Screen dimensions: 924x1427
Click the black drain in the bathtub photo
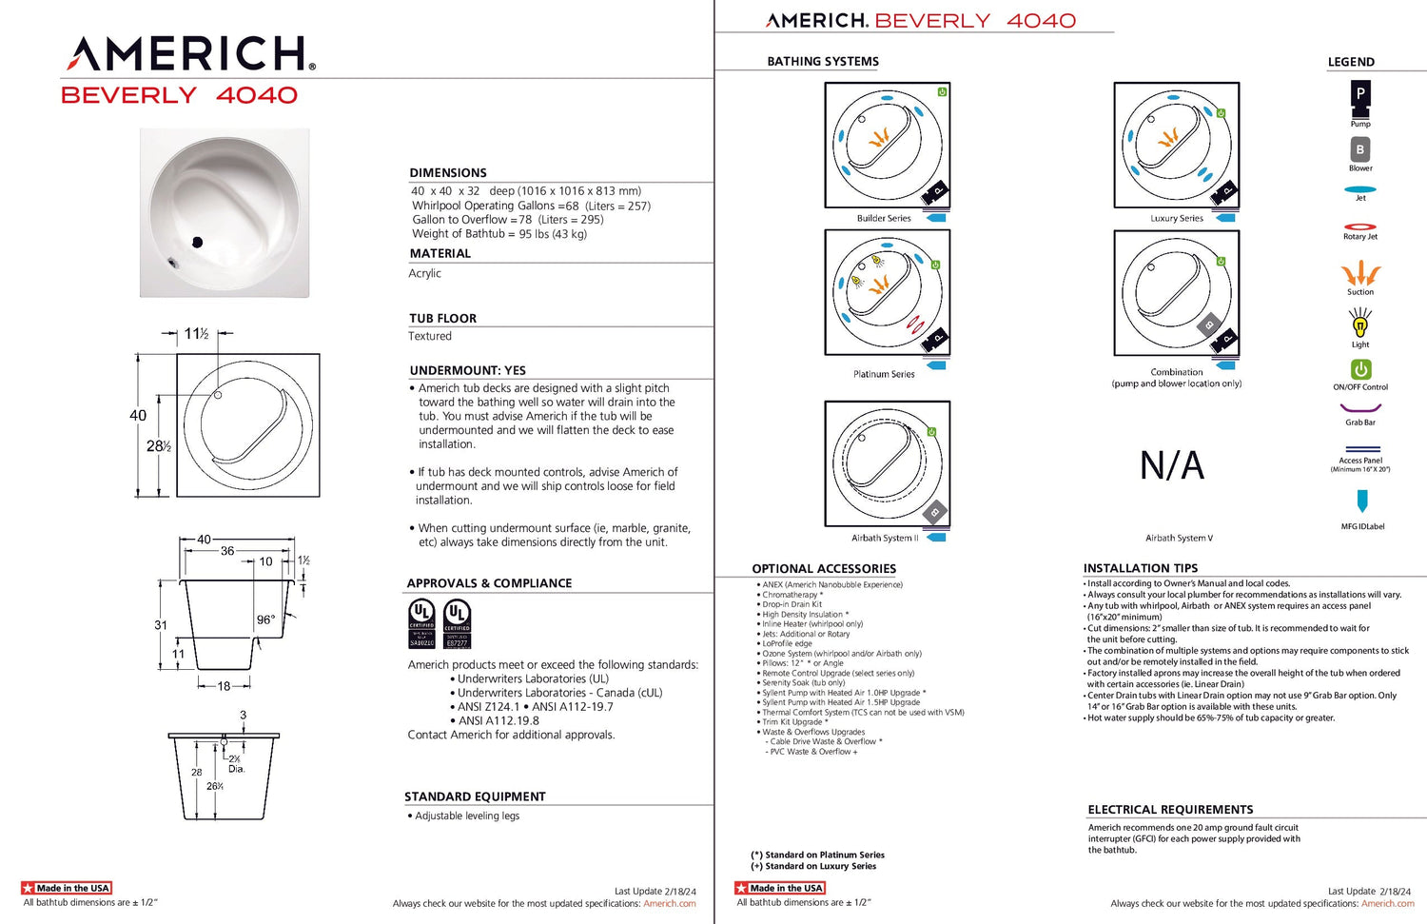pos(198,242)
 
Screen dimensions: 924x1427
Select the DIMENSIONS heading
pos(448,173)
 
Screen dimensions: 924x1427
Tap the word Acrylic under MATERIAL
pos(425,273)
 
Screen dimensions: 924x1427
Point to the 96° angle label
pos(265,619)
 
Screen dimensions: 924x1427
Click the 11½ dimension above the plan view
pos(197,334)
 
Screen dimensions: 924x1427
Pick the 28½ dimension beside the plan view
pos(158,446)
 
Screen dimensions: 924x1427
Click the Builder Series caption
pos(884,219)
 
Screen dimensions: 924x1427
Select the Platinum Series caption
pos(884,375)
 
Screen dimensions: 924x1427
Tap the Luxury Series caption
pos(1177,219)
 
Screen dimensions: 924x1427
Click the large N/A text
pos(1172,466)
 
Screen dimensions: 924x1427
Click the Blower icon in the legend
pos(1360,149)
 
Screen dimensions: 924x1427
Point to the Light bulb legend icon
pos(1360,324)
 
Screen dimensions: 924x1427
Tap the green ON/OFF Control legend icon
pos(1360,369)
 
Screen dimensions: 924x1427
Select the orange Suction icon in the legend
pos(1360,274)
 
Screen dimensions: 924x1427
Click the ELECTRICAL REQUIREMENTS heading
pos(1170,810)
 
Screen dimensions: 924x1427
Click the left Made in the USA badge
pos(67,888)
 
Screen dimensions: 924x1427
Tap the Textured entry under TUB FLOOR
pos(430,336)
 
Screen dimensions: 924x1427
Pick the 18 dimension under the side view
pos(224,686)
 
